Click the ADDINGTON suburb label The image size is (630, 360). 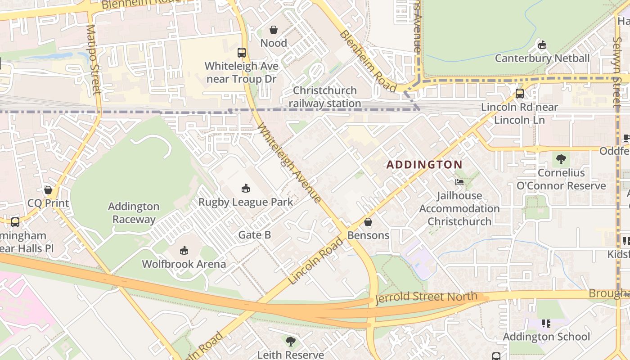coord(424,165)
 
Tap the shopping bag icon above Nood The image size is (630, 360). coord(273,30)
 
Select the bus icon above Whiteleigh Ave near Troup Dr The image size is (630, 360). coord(242,53)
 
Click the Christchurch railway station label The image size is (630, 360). coord(324,97)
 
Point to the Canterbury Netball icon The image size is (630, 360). coord(542,45)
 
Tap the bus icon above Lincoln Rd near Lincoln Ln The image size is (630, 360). coord(520,94)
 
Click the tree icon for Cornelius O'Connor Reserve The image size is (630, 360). coord(561,159)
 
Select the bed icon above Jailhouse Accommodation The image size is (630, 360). coord(459,182)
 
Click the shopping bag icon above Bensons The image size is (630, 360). coord(368,222)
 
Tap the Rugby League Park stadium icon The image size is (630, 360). coord(246,188)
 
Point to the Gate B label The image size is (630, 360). coord(254,235)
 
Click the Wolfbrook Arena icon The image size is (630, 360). coord(184,250)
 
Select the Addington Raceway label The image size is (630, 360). coord(134,213)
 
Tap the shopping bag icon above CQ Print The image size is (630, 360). coord(48,190)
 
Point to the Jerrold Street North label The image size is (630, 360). coord(426,297)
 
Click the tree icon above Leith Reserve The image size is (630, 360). coord(291,342)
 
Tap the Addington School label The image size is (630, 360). coord(546,337)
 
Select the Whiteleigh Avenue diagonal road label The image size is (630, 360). coord(289,163)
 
